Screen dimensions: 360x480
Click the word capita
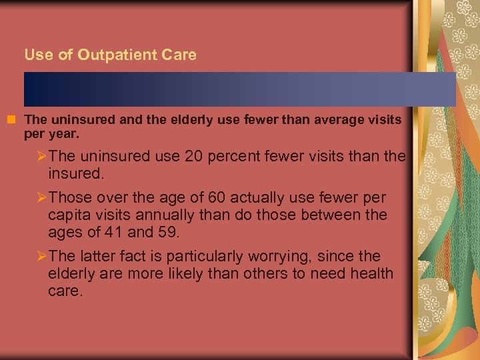tap(69, 215)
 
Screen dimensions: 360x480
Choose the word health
tap(372, 273)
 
